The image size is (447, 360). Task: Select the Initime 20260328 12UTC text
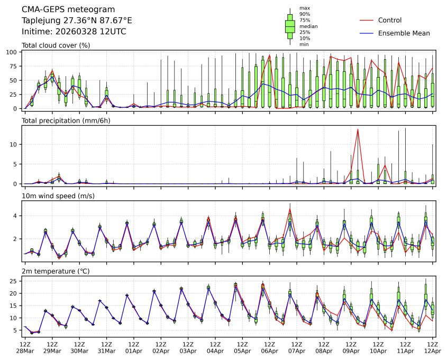point(74,32)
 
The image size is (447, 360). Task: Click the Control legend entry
point(389,21)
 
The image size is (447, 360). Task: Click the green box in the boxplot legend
point(290,25)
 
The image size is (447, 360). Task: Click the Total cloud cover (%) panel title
point(56,45)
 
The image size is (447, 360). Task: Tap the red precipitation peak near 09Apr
point(358,130)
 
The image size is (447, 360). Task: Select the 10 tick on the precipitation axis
point(15,144)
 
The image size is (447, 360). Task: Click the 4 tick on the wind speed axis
point(16,216)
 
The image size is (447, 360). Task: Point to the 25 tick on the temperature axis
point(15,281)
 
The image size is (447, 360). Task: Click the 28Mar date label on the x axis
point(24,351)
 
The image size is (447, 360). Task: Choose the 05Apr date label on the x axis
point(242,351)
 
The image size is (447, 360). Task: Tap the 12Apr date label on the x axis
point(433,351)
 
